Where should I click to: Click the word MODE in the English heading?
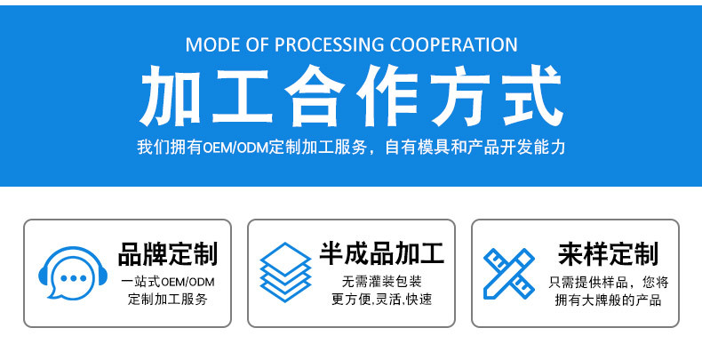(x=211, y=44)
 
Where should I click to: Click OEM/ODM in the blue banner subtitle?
(x=232, y=148)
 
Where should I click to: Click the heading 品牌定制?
(x=168, y=254)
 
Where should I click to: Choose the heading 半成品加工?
(x=382, y=254)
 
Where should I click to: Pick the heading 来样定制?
(x=608, y=254)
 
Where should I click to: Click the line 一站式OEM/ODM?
(x=168, y=282)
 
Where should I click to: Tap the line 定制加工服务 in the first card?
(x=168, y=300)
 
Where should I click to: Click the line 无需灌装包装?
(x=382, y=282)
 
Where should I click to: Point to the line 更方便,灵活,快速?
(x=382, y=300)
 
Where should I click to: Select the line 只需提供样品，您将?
(x=608, y=282)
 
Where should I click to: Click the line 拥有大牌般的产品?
(x=608, y=300)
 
